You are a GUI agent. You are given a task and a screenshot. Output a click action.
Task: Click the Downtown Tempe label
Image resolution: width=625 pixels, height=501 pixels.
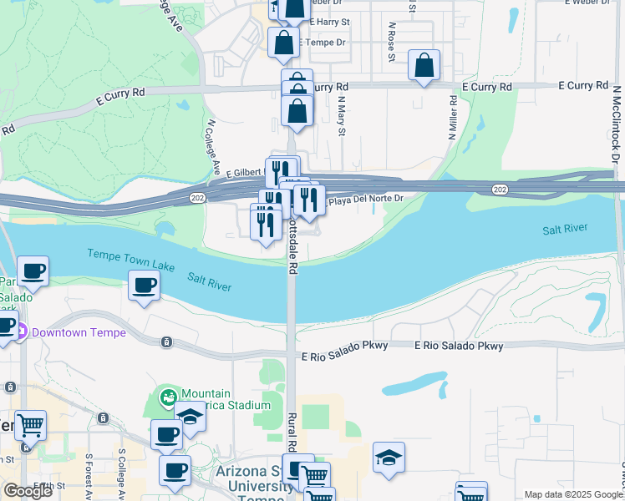(79, 332)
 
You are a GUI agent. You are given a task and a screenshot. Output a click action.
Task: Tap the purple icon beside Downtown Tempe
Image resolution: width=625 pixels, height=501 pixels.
(23, 331)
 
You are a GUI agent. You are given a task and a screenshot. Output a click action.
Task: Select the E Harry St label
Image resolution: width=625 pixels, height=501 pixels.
(328, 22)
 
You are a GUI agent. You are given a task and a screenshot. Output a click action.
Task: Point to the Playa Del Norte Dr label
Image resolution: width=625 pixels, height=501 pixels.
(366, 200)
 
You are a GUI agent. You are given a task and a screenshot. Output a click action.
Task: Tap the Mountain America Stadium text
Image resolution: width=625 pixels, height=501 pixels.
(226, 399)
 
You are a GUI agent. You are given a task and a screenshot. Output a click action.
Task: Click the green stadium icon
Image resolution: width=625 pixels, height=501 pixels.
(168, 395)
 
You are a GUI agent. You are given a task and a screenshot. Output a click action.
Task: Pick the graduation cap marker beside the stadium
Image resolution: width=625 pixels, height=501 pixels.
(190, 417)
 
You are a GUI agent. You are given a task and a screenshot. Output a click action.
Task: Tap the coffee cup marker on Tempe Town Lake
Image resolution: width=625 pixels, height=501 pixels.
(144, 286)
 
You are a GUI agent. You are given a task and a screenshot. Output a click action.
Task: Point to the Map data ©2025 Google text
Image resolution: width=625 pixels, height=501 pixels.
(573, 494)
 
